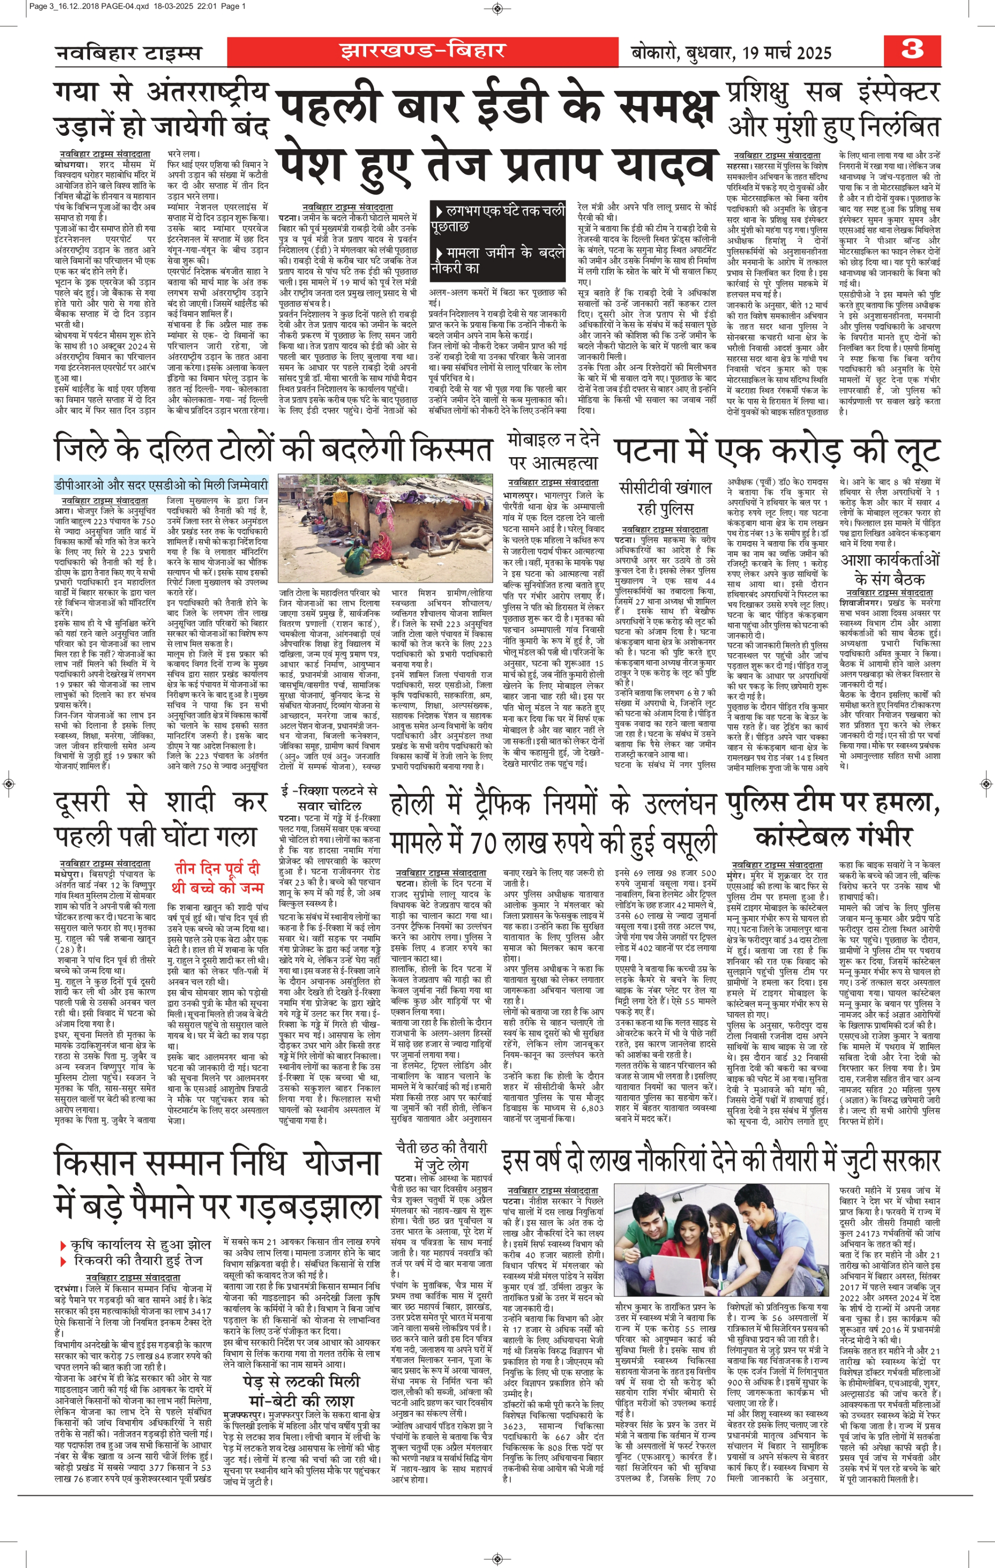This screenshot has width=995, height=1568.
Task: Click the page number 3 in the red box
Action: (912, 49)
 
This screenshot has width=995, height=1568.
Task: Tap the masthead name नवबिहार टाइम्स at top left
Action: (128, 53)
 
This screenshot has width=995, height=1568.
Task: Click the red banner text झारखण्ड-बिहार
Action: (422, 51)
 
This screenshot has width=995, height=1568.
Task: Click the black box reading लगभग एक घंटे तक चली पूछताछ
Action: (498, 218)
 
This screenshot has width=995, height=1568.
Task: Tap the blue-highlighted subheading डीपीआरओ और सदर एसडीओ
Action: (161, 485)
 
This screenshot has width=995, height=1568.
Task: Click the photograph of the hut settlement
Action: (385, 527)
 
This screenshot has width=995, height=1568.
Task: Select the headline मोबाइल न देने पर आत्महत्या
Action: (553, 451)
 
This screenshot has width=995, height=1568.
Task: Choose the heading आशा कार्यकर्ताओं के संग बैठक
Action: (890, 569)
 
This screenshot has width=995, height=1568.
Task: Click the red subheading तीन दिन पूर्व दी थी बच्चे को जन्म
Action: (217, 878)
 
